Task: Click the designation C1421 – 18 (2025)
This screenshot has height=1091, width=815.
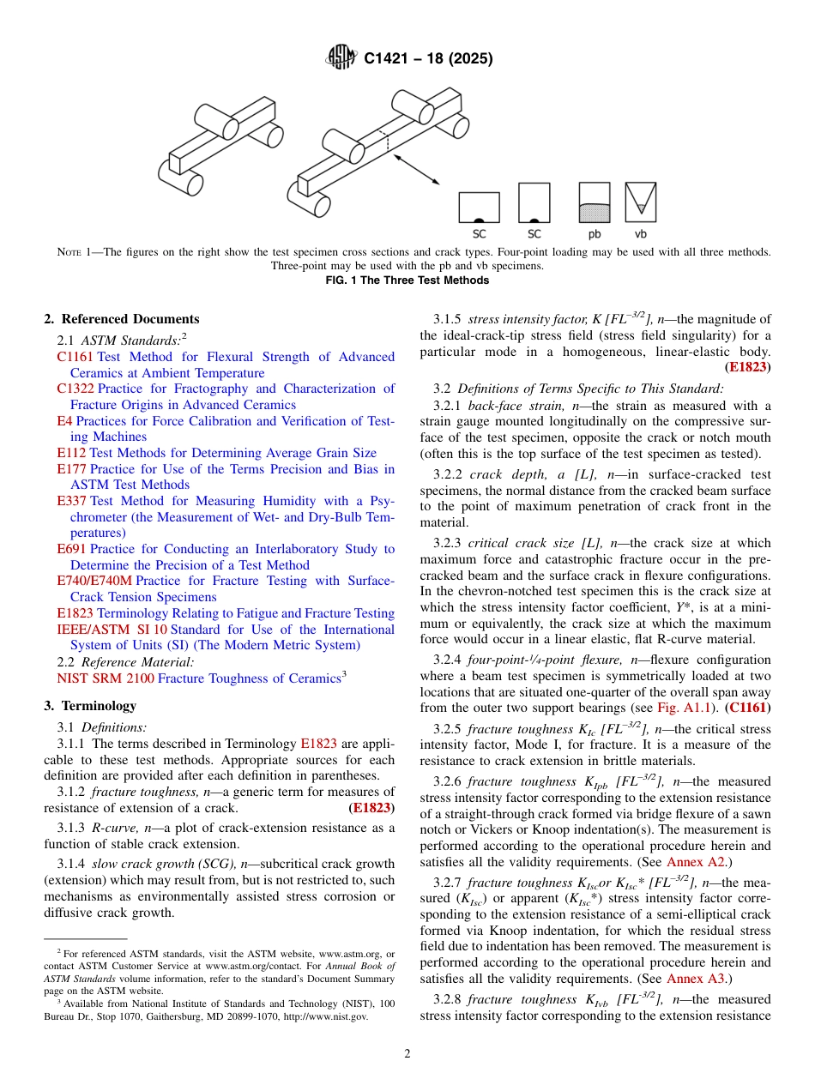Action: [x=428, y=59]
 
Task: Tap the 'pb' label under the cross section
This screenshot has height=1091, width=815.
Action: [x=595, y=233]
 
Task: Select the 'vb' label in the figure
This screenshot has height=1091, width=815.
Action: [x=640, y=233]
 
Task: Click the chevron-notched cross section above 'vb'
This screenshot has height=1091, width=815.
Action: [x=640, y=202]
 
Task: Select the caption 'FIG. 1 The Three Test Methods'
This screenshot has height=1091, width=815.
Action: [x=407, y=280]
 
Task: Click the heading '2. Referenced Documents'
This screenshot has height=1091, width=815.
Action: [x=122, y=319]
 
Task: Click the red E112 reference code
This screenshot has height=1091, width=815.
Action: [x=71, y=453]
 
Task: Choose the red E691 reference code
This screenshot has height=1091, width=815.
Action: [x=71, y=549]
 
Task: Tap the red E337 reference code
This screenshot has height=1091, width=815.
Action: [x=71, y=501]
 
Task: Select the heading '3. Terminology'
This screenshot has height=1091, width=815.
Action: [x=90, y=706]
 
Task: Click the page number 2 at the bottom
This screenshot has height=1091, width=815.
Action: [x=407, y=1054]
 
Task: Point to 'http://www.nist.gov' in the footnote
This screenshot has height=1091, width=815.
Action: [x=326, y=1016]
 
